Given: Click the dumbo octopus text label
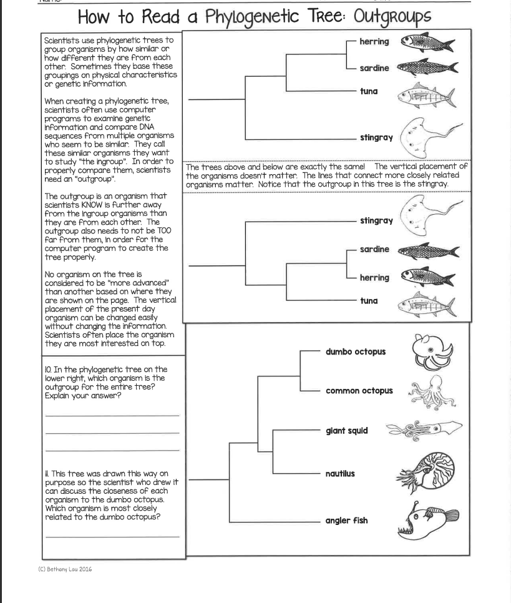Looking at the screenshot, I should [355, 351].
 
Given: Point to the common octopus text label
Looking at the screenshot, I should [359, 391].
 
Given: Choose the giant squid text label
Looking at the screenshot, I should [346, 431].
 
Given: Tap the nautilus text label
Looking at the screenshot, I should [340, 473].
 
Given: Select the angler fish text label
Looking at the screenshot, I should [346, 521].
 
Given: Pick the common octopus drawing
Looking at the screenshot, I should [427, 392].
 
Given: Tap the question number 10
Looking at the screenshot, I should [49, 370].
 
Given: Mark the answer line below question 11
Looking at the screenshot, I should [112, 536].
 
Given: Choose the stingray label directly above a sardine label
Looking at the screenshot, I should [376, 221].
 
